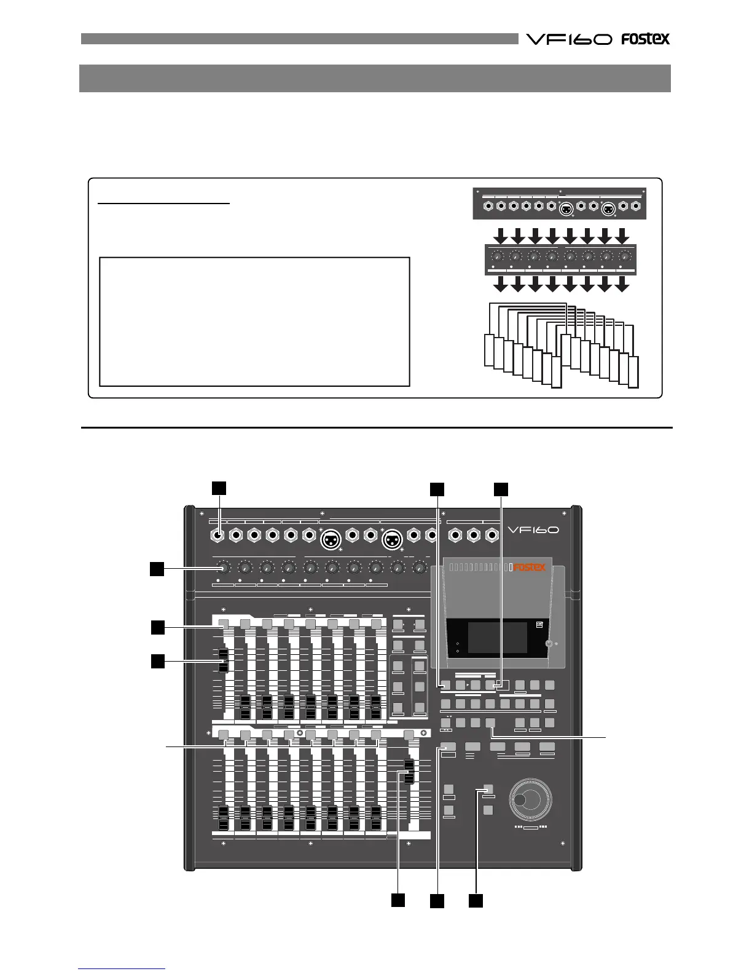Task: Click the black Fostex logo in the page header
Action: pos(645,39)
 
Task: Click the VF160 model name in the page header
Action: pos(569,39)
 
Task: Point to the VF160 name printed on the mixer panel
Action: pos(533,529)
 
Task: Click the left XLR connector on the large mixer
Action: pos(332,540)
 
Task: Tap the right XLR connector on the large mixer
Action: pos(393,540)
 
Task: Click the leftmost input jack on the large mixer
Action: pos(219,536)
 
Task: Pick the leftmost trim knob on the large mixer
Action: pos(223,567)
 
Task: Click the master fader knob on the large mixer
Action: pos(409,771)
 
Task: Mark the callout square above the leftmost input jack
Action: pos(219,488)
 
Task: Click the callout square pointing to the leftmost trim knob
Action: pos(157,569)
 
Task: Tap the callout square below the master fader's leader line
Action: pos(398,900)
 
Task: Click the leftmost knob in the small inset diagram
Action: pos(498,256)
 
